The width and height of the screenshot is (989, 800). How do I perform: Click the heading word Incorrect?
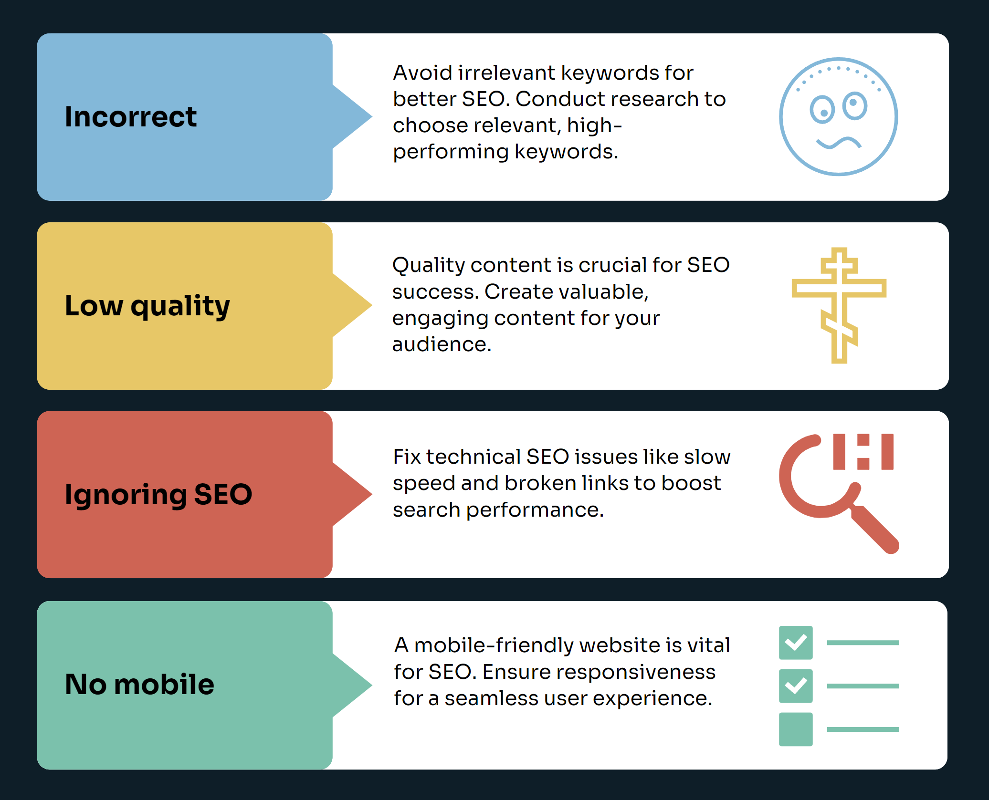point(130,117)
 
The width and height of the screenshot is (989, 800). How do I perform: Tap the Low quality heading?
point(147,306)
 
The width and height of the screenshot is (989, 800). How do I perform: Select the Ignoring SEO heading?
point(158,495)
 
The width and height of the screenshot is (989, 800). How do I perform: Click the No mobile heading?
point(139,684)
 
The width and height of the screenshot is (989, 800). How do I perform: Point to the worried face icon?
point(838,117)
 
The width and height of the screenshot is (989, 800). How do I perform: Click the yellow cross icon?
point(839,305)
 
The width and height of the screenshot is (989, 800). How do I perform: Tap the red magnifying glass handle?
point(874,530)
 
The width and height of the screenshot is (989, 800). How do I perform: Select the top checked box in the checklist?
point(796,643)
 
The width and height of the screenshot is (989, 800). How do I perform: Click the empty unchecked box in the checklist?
point(796,729)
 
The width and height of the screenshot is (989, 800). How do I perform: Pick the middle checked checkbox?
point(796,686)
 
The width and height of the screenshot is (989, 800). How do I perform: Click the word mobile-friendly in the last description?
point(494,645)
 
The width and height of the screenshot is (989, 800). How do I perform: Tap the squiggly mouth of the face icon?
point(838,143)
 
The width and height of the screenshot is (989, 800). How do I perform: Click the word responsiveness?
point(599,672)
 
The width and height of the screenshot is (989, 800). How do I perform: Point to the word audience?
point(442,344)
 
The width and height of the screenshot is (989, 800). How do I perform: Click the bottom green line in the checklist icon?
point(863,729)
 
